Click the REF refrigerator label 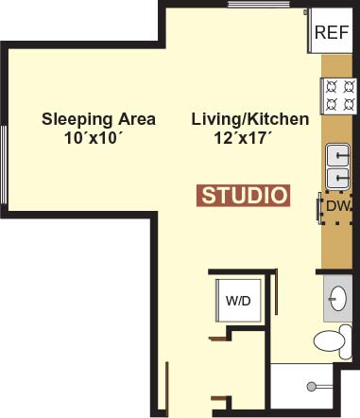[x=332, y=32]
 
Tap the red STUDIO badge [x=243, y=196]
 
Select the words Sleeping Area [x=98, y=120]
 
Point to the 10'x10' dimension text [x=94, y=138]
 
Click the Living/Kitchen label [x=250, y=119]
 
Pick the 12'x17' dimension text [x=243, y=138]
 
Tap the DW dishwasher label [x=338, y=206]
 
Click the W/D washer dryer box [x=238, y=301]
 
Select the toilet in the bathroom [x=333, y=341]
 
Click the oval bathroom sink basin [x=337, y=298]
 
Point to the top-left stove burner [x=332, y=86]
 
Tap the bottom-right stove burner [x=349, y=103]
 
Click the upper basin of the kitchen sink [x=338, y=155]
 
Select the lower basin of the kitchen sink [x=338, y=178]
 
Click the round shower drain [x=312, y=387]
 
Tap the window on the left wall [x=4, y=165]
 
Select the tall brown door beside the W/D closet [x=276, y=291]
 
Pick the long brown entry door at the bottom [x=167, y=390]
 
